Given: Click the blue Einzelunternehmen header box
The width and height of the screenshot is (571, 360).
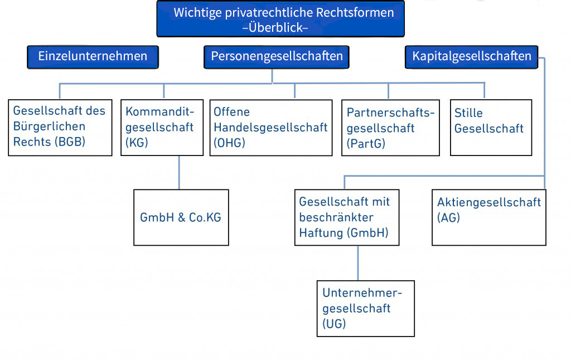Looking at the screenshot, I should (93, 56).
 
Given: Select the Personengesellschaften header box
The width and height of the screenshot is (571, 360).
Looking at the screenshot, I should (277, 56).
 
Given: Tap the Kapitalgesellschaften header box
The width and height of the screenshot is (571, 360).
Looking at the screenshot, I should (472, 56).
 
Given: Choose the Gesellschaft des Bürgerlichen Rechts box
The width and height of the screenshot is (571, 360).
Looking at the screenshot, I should (60, 127).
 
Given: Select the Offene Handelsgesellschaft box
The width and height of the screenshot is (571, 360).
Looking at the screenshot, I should (270, 128).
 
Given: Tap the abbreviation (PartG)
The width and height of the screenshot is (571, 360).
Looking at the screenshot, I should (366, 144).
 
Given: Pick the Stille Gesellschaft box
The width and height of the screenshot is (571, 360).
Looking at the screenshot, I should (490, 127).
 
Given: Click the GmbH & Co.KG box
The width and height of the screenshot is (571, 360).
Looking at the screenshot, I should (181, 217).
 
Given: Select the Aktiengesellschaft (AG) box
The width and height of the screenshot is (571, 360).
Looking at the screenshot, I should (489, 217).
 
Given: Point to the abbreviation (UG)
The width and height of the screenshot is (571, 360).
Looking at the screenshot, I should (334, 324).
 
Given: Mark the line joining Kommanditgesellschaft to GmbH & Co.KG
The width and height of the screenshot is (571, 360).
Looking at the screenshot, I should (178, 173).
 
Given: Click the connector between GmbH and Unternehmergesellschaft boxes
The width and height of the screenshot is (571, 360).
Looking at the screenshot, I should (357, 262).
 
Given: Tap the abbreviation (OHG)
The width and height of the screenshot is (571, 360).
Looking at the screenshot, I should (229, 143).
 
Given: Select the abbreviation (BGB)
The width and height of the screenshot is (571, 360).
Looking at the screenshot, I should (69, 142).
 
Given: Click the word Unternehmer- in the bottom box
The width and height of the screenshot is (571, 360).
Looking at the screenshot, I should (362, 293).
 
